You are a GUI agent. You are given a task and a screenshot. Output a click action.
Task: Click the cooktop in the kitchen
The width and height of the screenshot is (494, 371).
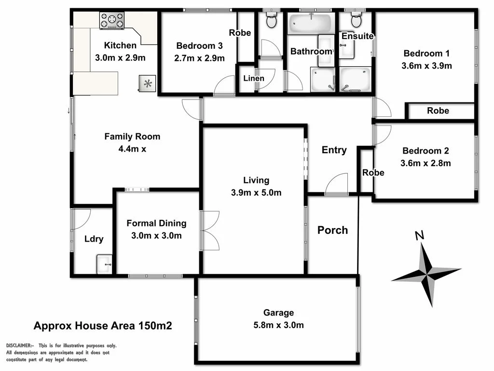tap(111, 21)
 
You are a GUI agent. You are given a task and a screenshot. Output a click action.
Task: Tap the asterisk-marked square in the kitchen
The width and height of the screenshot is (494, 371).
tap(148, 84)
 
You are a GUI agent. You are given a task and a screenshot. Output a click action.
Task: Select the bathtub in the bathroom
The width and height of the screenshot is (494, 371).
tap(311, 23)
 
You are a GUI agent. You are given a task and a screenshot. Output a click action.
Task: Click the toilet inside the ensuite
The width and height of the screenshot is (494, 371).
tap(357, 20)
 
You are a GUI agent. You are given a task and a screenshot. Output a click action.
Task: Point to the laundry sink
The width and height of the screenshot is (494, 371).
tap(104, 264)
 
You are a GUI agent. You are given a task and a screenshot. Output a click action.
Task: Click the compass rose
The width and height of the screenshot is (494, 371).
tap(426, 273)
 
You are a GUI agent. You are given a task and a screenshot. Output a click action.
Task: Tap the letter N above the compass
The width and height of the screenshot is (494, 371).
tap(419, 236)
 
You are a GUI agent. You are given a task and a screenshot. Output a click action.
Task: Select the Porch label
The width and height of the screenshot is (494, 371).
tap(332, 230)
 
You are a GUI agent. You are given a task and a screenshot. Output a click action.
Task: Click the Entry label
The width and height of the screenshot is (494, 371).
tap(334, 150)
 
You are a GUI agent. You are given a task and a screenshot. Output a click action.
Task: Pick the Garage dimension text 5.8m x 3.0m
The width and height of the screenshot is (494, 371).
tap(278, 325)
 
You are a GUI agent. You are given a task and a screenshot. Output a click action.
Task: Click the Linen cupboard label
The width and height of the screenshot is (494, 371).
tap(253, 78)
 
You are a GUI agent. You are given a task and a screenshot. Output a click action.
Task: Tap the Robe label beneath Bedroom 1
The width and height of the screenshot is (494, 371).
tap(438, 111)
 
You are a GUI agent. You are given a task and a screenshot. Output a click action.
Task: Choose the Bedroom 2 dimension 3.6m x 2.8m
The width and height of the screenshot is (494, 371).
tap(425, 163)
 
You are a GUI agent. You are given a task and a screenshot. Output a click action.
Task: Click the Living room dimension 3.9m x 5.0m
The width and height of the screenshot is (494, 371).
tap(256, 193)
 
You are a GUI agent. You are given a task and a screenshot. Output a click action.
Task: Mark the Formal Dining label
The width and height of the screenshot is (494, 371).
tap(156, 223)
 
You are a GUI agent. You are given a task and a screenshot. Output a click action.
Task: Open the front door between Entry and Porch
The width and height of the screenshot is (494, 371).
tap(336, 185)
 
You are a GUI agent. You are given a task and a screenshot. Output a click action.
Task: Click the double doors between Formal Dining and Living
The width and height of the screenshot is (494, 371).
tap(210, 230)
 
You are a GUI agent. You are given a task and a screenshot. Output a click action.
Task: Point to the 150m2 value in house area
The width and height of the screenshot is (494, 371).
tap(155, 326)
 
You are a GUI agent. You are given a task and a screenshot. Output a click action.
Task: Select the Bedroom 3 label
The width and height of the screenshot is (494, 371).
tap(199, 46)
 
